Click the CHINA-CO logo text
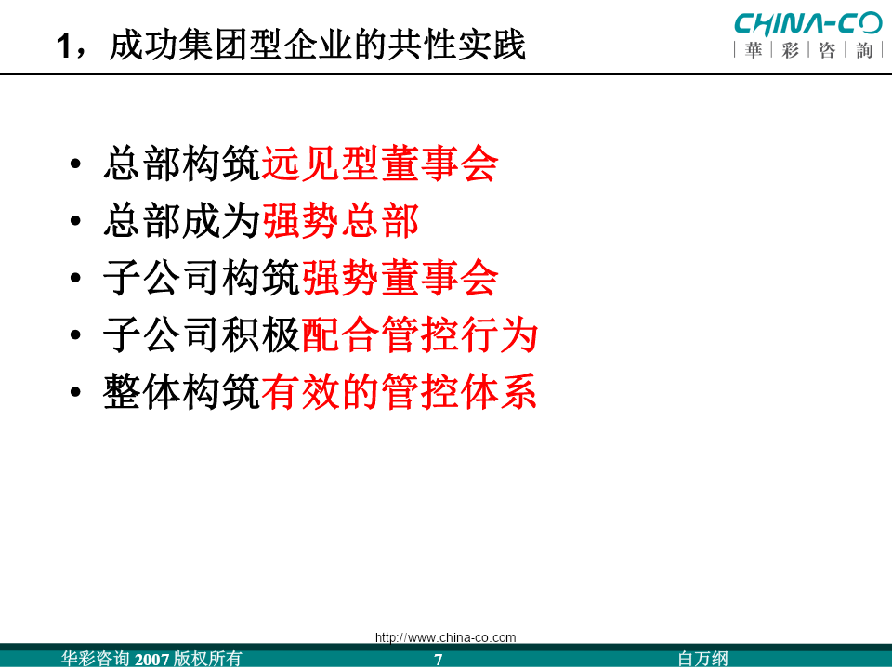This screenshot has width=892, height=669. (x=807, y=23)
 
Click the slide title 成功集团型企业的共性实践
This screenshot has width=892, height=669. (x=318, y=45)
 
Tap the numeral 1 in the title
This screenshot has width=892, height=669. (x=65, y=46)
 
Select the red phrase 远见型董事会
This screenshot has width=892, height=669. (x=379, y=164)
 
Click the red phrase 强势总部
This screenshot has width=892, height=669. (x=340, y=221)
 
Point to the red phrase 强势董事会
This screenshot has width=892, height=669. (x=400, y=278)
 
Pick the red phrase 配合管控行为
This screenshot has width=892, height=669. (x=419, y=334)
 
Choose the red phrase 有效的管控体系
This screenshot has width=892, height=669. (x=400, y=391)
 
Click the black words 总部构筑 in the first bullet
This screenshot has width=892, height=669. (x=182, y=164)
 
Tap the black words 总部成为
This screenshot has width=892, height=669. (x=182, y=221)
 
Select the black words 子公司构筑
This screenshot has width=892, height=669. (x=202, y=278)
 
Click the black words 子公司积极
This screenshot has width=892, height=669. (x=202, y=334)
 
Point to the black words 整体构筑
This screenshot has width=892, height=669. (x=182, y=391)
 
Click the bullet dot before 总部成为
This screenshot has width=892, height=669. (x=75, y=221)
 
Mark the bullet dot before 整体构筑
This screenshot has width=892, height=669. (x=75, y=392)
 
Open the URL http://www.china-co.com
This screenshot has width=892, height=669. (x=445, y=637)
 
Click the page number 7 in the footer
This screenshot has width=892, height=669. (x=438, y=660)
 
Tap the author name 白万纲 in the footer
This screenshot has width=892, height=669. (x=703, y=659)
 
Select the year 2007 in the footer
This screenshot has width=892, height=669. (x=151, y=660)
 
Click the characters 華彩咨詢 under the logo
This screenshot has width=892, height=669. (x=808, y=50)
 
